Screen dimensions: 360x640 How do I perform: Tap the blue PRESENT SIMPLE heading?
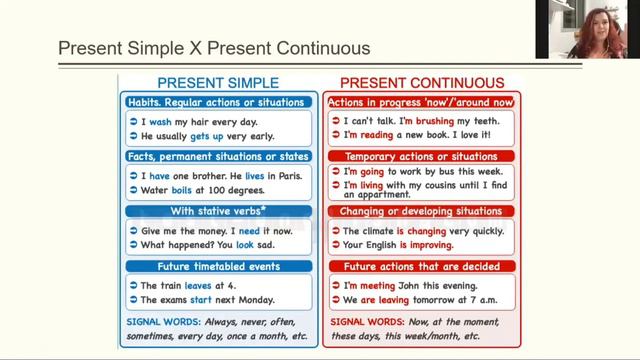coord(219,83)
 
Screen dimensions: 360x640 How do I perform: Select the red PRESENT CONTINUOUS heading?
coord(421,83)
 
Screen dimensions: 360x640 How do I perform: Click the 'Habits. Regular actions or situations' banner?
coord(219,102)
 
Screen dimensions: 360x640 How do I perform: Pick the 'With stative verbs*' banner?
coord(219,211)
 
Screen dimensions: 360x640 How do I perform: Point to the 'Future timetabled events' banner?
coord(219,266)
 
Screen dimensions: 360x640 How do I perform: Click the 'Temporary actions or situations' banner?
coord(421,157)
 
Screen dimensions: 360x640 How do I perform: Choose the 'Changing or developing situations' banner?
coord(421,212)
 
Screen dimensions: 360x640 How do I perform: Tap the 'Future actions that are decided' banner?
coord(421,267)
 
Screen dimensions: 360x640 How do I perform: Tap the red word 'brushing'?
coord(424,120)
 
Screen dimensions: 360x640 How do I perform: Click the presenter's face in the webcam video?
coord(600,22)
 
